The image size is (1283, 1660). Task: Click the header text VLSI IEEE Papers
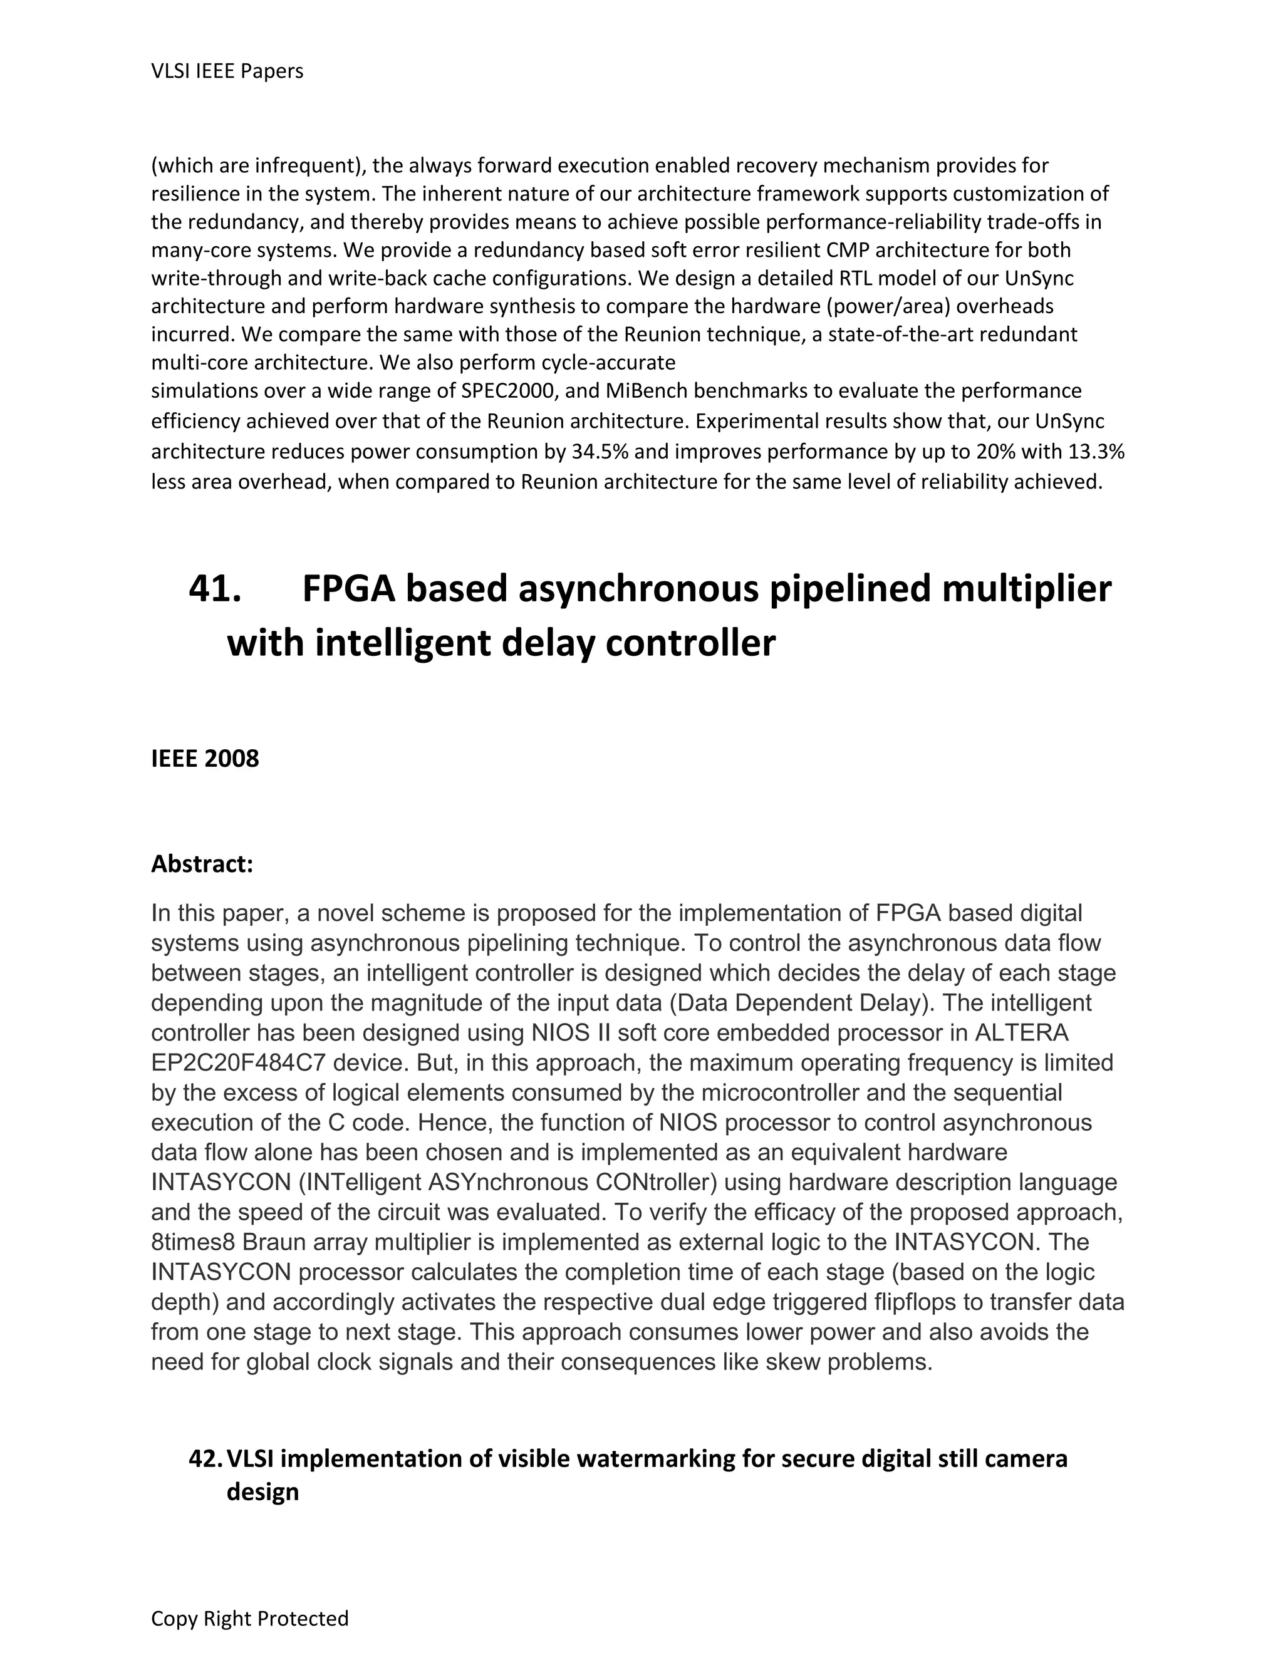[227, 71]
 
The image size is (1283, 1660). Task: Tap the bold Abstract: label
[202, 864]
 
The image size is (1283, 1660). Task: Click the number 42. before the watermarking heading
[206, 1458]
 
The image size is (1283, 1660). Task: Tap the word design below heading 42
[262, 1492]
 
